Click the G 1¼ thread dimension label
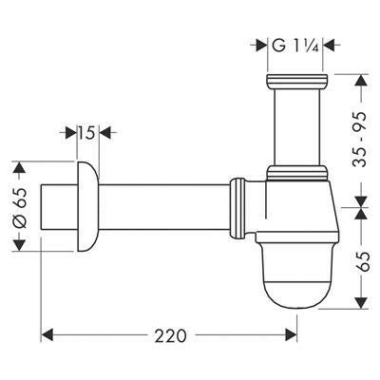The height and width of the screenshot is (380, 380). tap(294, 45)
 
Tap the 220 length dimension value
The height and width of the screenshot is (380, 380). tap(170, 335)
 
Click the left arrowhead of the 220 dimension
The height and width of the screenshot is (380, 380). tap(49, 335)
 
